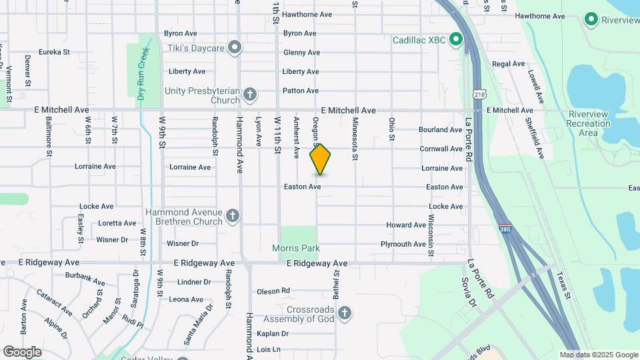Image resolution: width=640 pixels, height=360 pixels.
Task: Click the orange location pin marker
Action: click(321, 159)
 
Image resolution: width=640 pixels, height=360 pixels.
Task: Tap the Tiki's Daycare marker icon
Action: click(234, 47)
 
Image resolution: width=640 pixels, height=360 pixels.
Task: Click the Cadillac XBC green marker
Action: click(456, 39)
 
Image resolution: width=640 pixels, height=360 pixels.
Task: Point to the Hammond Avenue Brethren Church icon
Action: click(233, 215)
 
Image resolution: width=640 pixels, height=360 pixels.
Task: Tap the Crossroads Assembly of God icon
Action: click(344, 313)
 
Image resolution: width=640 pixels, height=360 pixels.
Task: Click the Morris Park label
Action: click(296, 248)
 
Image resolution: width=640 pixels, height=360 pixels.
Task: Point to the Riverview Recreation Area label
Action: click(588, 123)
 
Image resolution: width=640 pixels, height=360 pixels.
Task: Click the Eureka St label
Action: click(55, 51)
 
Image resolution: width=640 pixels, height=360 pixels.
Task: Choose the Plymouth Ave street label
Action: click(403, 244)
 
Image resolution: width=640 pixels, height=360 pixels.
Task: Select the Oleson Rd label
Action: click(273, 291)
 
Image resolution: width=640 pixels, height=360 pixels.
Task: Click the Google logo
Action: click(22, 351)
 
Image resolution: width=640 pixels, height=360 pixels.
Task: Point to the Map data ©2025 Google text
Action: click(599, 355)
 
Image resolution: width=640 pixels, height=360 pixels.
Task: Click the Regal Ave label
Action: click(509, 64)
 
